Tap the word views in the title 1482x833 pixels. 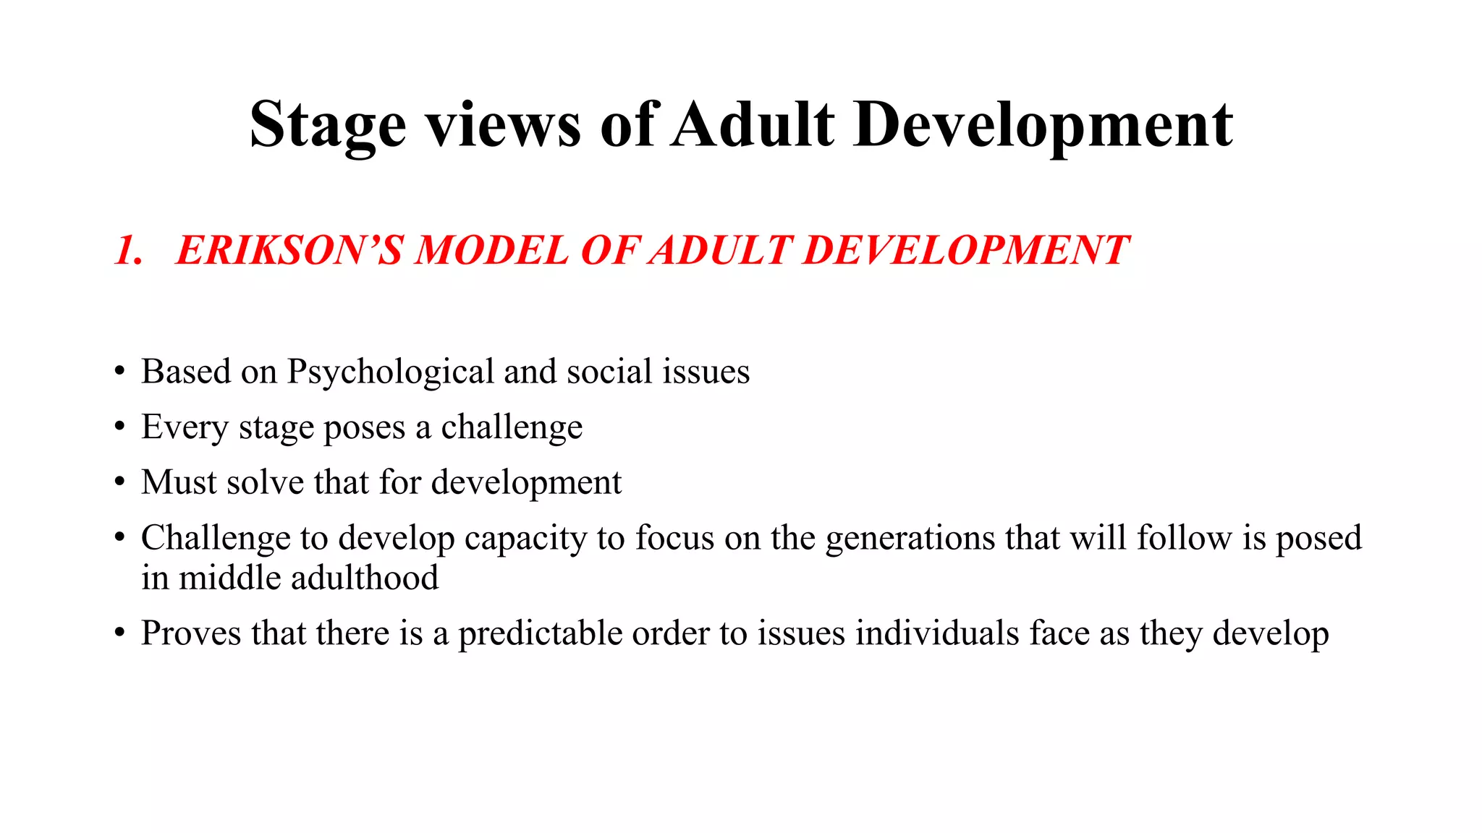point(503,124)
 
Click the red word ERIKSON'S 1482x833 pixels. point(289,250)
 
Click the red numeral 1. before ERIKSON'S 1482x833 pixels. point(128,251)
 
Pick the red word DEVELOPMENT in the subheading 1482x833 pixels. point(965,250)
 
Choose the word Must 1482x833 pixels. point(178,482)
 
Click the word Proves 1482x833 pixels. point(191,633)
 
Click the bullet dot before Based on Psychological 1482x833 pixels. point(119,372)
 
